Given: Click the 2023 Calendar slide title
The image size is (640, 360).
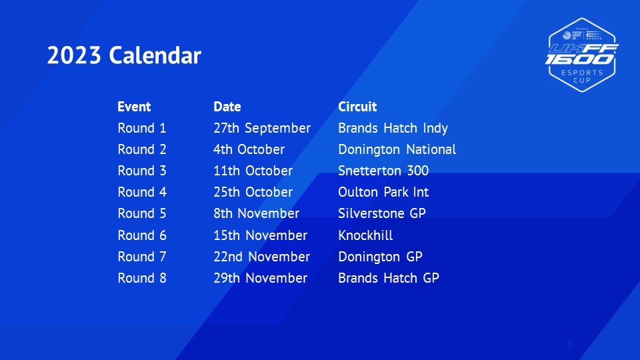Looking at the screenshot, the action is coord(124,55).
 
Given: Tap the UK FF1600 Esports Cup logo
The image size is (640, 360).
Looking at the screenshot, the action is coord(581,55).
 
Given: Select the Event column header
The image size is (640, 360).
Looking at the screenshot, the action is coord(134,107).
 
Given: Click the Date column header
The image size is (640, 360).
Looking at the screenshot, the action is coord(227,107).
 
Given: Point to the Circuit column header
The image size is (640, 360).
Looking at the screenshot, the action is coord(357,107).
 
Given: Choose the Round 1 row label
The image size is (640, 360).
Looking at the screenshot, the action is coord(142,128).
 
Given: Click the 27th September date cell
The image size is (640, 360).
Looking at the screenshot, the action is coord(262,129).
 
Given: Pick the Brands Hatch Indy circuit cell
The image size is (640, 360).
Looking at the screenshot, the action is coord(393,129).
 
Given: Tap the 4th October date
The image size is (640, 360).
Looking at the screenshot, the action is coord(249,149).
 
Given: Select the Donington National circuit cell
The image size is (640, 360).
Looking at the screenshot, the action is coord(397,150).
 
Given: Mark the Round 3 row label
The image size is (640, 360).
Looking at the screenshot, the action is coord(142,171).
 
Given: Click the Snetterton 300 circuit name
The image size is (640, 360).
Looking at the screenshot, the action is coord(383,171).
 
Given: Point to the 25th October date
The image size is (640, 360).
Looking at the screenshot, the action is coord(253,192).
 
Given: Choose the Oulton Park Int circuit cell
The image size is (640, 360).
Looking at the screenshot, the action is coord(383,192).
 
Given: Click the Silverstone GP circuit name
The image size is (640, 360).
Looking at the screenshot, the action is coord(382,213).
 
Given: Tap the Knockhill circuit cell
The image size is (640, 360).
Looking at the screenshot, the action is coord(366,235).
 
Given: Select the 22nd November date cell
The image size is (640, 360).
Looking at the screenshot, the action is coord(261,257).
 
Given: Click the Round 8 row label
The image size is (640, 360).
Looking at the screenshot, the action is coord(142,278).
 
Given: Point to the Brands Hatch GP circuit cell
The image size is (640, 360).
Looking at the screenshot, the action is coord(389,278).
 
